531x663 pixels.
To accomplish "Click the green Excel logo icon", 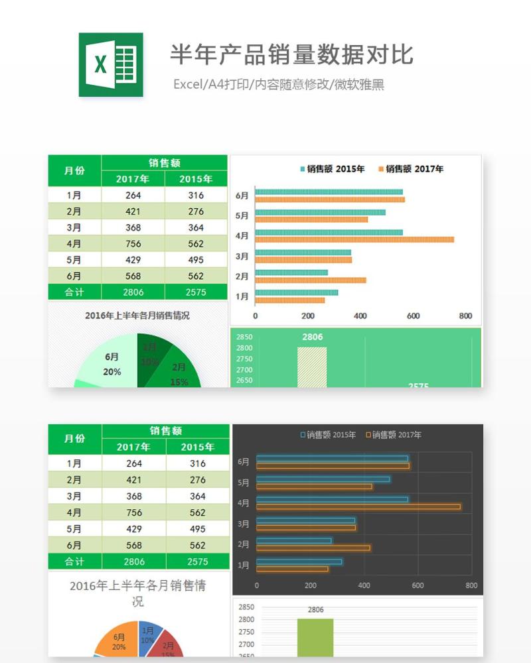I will tap(111, 64).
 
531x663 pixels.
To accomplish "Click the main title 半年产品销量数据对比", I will tap(291, 54).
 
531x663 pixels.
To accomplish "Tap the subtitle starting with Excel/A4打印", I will tap(279, 84).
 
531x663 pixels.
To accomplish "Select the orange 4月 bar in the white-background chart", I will tap(354, 239).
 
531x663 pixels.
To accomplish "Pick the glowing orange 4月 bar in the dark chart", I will tap(358, 507).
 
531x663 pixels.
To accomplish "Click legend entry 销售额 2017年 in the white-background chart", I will tap(411, 169).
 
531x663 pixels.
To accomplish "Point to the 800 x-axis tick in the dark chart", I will tap(471, 586).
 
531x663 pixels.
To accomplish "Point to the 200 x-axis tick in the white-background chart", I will tap(308, 316).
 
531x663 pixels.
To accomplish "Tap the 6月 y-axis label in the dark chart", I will tap(244, 461).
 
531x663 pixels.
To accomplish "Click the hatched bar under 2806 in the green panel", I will tap(312, 367).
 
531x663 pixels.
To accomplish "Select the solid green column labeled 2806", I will tap(315, 636).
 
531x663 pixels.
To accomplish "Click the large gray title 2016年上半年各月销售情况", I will tap(137, 593).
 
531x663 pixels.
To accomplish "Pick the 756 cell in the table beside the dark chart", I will tap(134, 512).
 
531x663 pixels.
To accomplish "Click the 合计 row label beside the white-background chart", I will tap(74, 292).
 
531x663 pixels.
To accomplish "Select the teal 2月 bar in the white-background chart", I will tap(291, 272).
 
